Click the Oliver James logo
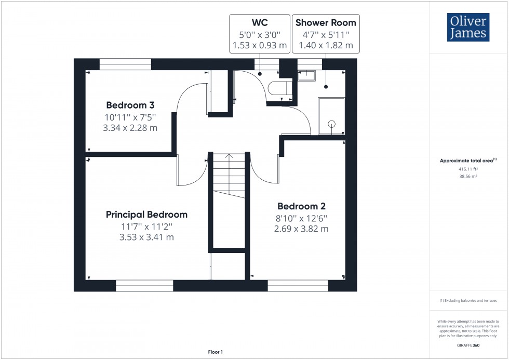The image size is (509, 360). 468,27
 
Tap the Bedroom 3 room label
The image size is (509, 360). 130,104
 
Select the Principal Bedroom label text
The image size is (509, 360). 146,215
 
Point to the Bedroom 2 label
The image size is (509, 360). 301,206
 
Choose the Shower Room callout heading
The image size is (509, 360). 326,22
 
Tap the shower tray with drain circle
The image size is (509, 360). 331,116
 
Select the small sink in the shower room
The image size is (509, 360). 306,76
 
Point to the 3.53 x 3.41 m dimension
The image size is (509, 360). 146,237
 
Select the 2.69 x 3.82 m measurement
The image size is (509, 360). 301,229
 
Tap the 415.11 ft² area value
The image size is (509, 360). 468,169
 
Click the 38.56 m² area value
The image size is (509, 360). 468,177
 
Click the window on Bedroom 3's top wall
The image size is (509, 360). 125,64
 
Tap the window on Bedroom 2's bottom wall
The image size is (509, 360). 298,285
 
